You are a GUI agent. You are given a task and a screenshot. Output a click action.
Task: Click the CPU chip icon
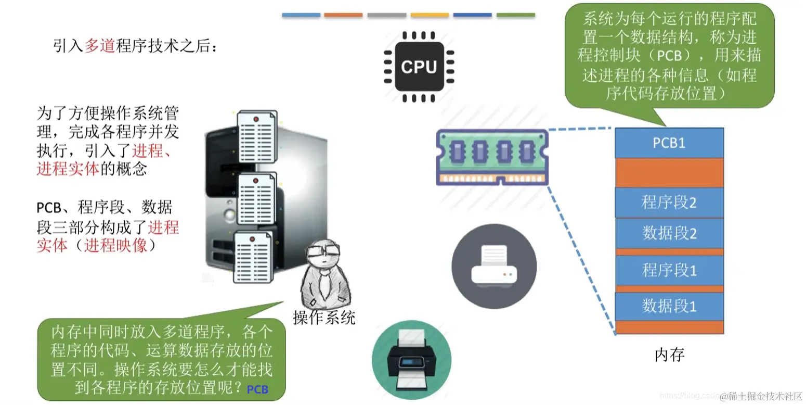point(419,67)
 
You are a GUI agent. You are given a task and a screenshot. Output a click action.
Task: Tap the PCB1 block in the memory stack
point(669,143)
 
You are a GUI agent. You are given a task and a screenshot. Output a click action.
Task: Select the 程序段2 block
point(669,202)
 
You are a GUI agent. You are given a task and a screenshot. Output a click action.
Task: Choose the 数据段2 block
point(669,233)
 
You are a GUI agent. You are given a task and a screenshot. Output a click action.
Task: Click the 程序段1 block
point(669,270)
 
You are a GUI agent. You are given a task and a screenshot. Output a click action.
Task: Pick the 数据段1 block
point(669,306)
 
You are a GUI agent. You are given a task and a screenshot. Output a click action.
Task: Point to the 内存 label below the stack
point(669,355)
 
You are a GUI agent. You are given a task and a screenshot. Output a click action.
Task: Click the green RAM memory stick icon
point(492,157)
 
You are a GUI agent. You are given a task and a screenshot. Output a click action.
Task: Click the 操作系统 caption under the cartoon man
point(324,317)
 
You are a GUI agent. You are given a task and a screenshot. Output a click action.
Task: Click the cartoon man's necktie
point(325,283)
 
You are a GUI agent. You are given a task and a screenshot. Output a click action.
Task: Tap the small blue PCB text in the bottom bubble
point(257,389)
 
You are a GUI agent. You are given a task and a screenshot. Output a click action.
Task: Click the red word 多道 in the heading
point(99,46)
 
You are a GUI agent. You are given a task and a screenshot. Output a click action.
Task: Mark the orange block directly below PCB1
point(669,172)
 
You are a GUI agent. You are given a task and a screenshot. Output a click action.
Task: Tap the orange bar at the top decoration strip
point(343,15)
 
